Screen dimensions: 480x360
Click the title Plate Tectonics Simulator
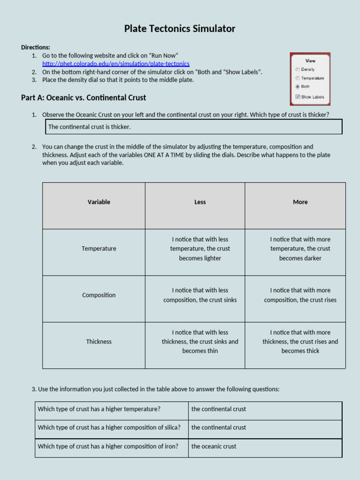(x=180, y=29)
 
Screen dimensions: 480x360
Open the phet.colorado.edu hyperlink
(x=116, y=64)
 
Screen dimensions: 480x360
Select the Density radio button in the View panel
(x=298, y=69)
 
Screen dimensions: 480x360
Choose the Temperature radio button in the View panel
(x=298, y=78)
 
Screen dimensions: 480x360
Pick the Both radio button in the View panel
(x=298, y=87)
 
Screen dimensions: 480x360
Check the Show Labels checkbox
(x=298, y=97)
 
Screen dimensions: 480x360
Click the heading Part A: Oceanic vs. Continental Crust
(x=83, y=97)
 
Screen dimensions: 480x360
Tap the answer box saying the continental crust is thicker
(x=194, y=127)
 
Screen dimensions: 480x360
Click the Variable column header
(x=99, y=202)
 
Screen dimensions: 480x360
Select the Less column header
(x=200, y=202)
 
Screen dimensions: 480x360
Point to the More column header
(x=300, y=202)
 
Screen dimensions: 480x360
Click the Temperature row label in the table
(x=99, y=248)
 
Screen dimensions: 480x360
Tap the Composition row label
(x=99, y=295)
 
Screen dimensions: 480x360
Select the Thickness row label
(x=99, y=342)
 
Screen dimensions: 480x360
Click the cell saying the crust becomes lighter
(x=200, y=249)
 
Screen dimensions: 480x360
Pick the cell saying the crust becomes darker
(x=300, y=249)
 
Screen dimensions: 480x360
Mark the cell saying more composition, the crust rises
(x=300, y=295)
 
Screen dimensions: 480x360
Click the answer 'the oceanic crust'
(x=214, y=446)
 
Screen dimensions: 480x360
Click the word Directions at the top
(x=36, y=47)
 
